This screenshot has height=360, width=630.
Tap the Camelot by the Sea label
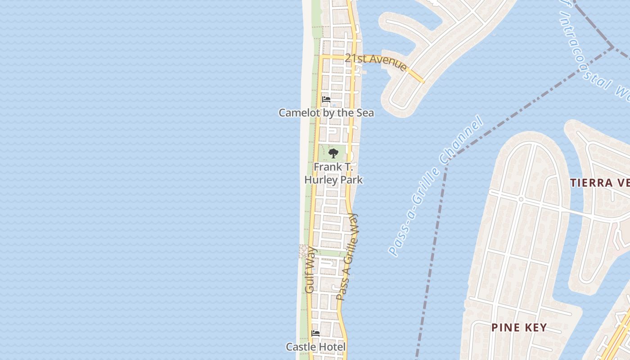click(326, 112)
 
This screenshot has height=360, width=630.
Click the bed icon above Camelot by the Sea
click(326, 99)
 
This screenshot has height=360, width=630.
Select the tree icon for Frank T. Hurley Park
click(333, 154)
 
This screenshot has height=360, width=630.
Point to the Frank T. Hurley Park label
click(333, 173)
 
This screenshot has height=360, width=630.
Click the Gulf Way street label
click(310, 270)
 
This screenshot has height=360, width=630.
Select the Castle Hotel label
click(316, 347)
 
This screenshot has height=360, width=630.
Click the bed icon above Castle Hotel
click(316, 333)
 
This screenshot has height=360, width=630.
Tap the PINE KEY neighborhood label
click(519, 328)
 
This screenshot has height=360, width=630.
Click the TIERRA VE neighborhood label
click(600, 183)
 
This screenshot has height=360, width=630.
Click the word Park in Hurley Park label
click(351, 180)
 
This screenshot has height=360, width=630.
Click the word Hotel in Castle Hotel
click(332, 347)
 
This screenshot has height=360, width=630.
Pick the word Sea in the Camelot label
click(365, 112)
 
